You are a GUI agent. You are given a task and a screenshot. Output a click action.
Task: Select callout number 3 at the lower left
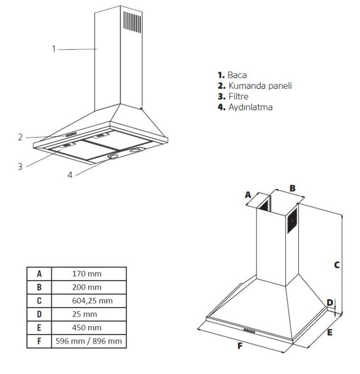(20, 166)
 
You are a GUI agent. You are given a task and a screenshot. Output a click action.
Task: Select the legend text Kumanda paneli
(260, 86)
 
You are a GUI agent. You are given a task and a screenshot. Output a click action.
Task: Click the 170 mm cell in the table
(87, 274)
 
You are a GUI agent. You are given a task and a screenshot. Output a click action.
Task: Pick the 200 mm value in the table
(87, 287)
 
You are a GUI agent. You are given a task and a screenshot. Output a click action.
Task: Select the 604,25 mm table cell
(87, 301)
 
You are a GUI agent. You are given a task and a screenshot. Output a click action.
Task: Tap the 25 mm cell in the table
(87, 314)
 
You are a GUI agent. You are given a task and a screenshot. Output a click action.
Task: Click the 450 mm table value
(87, 328)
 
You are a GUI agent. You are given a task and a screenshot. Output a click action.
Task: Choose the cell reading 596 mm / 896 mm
(87, 341)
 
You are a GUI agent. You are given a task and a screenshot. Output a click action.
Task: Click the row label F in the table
(38, 341)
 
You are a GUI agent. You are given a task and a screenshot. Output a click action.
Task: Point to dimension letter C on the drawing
(337, 265)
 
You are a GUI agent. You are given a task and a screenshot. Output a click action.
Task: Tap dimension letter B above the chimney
(293, 188)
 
